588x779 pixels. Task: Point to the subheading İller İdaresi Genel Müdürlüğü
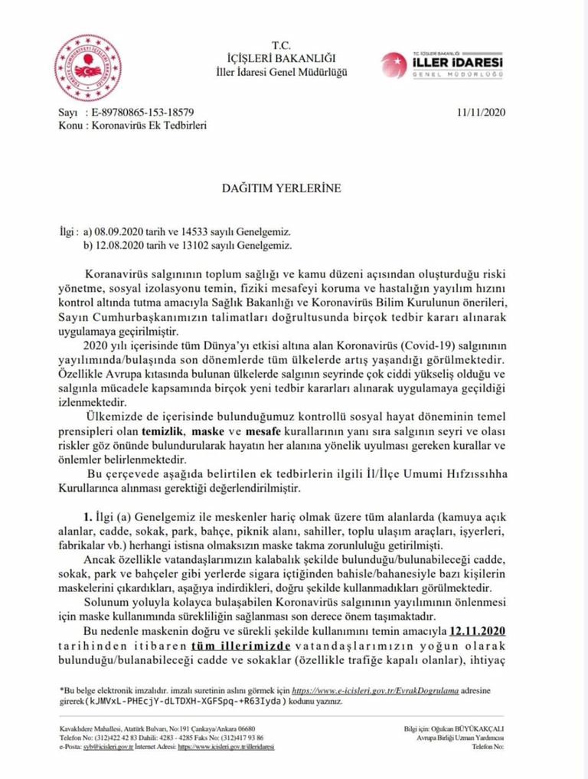(282, 72)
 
